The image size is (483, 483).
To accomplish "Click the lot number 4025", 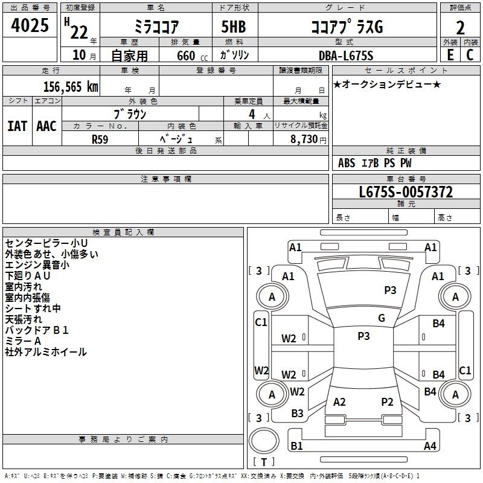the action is (30, 25).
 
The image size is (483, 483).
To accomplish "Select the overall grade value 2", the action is (460, 28).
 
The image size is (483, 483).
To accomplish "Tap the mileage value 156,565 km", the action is (71, 86).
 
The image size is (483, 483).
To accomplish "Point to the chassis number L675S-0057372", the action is (406, 191).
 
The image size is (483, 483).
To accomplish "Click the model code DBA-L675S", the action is (346, 56).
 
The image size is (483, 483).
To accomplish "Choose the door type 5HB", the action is (234, 27).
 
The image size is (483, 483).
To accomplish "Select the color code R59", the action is (100, 139).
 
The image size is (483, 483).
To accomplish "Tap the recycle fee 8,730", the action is (304, 139).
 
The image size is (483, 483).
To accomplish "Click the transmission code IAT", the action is (17, 126).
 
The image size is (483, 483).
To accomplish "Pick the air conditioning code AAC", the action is (46, 126).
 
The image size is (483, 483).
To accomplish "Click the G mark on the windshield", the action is (382, 318).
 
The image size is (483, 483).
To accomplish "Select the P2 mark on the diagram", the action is (387, 401).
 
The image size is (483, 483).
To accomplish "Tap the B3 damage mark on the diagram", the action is (297, 413).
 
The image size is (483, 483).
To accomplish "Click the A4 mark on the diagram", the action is (430, 446).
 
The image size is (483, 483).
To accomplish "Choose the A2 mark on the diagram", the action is (339, 401).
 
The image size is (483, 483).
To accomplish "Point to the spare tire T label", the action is (264, 462).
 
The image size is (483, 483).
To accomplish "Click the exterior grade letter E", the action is (450, 55).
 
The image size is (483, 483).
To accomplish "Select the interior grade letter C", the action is (470, 55).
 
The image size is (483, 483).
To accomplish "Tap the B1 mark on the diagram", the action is (296, 446).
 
